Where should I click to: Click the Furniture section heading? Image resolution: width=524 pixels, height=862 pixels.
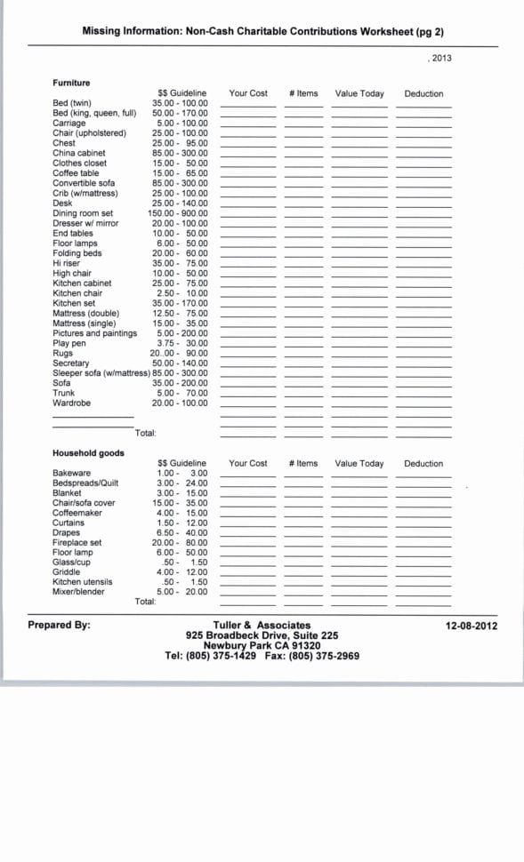[71, 83]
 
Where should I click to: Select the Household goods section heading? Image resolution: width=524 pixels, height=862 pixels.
[88, 453]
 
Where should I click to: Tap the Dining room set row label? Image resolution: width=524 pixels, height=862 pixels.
[83, 213]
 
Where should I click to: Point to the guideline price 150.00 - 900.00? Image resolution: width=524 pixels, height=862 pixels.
[178, 213]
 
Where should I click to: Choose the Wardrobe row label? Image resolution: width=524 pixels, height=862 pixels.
[71, 403]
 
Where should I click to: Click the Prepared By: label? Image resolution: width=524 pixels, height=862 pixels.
[59, 625]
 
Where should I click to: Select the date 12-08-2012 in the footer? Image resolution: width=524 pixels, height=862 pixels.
[471, 626]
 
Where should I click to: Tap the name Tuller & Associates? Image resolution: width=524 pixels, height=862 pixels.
[262, 626]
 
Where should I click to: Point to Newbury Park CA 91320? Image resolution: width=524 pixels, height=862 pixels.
[262, 646]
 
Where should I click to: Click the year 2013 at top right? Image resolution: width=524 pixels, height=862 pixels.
[440, 58]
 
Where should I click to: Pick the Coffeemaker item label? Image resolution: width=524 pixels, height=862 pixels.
[77, 513]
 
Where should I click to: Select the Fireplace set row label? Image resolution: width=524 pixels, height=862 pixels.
[77, 543]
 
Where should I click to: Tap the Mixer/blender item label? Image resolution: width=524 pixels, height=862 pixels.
[78, 592]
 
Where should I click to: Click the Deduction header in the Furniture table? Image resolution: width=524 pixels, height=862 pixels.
[423, 93]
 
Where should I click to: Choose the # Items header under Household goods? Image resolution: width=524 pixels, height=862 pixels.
[303, 463]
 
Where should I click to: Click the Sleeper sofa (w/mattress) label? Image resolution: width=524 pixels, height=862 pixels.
[101, 373]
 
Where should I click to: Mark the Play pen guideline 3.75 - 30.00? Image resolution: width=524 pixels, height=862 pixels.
[181, 343]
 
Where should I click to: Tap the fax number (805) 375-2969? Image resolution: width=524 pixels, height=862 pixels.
[327, 656]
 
